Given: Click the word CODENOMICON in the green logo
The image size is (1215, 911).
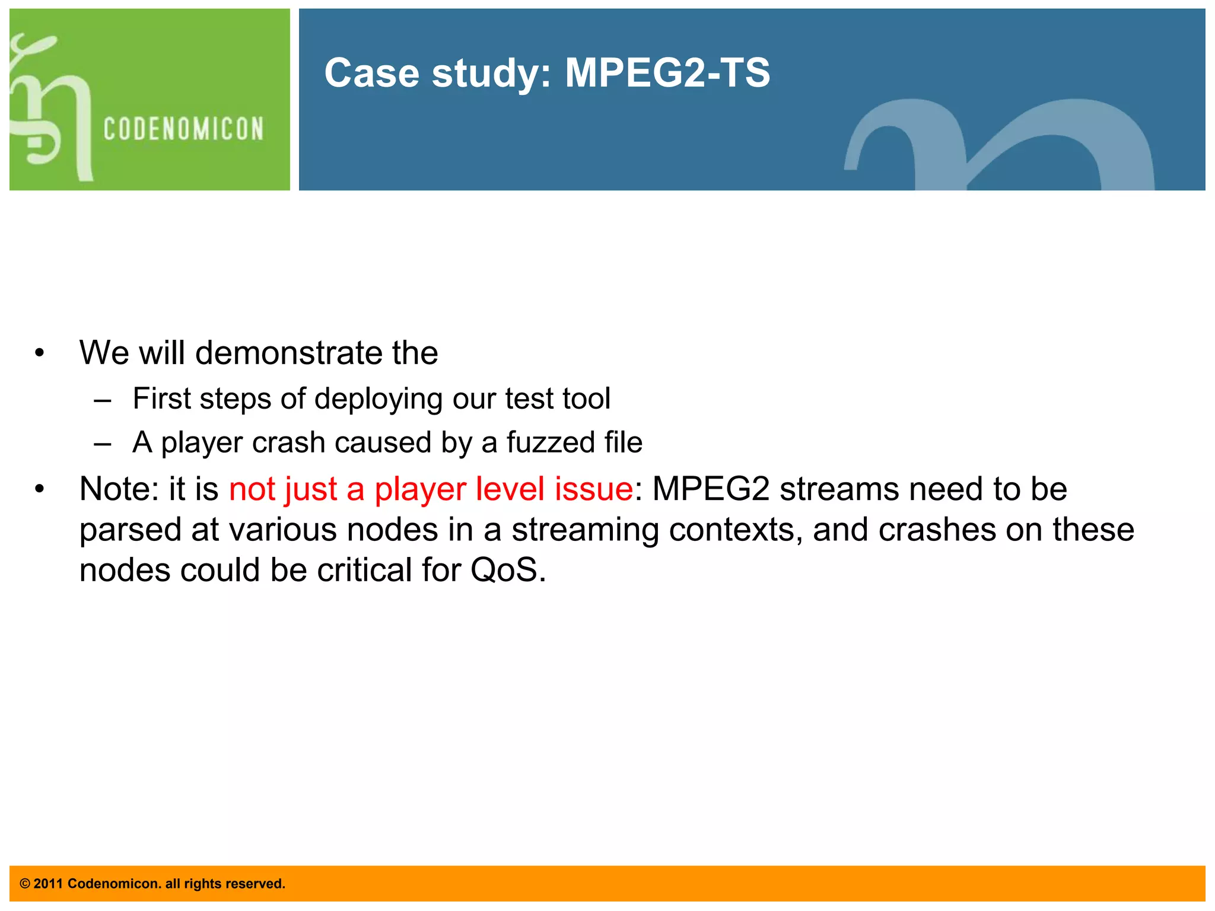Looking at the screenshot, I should (x=183, y=129).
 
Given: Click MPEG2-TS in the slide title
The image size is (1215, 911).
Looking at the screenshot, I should (x=667, y=73).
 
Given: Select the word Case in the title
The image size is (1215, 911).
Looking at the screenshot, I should (x=371, y=73).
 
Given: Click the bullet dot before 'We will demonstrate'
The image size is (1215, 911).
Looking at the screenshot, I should (x=39, y=353).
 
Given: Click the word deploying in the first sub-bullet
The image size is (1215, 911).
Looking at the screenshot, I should (x=379, y=399).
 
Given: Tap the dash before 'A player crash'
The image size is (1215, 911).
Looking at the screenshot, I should (x=102, y=444).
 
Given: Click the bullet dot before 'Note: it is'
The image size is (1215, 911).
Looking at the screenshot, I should (x=39, y=490).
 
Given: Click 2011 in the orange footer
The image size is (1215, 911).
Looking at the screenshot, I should (x=47, y=884).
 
